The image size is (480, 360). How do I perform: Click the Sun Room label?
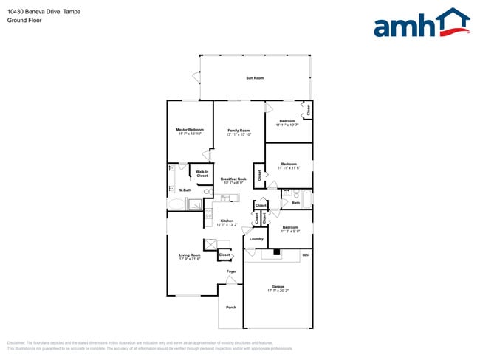click(255, 78)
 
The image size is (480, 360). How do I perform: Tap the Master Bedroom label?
click(191, 129)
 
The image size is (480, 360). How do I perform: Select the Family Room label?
click(239, 130)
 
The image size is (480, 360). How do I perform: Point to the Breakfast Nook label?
click(233, 179)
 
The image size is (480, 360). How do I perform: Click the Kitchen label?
click(227, 221)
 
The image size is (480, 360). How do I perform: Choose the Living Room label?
click(190, 255)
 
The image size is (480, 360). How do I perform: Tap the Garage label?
click(278, 286)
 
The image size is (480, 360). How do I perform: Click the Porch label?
click(231, 308)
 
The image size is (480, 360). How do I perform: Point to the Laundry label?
click(256, 239)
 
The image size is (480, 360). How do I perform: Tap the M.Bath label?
click(185, 190)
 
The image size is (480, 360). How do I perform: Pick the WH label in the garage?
click(306, 255)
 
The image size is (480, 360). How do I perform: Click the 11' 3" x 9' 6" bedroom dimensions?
click(289, 232)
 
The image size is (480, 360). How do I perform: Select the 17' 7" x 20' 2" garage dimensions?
click(278, 291)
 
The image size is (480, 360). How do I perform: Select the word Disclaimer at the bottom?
click(16, 343)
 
